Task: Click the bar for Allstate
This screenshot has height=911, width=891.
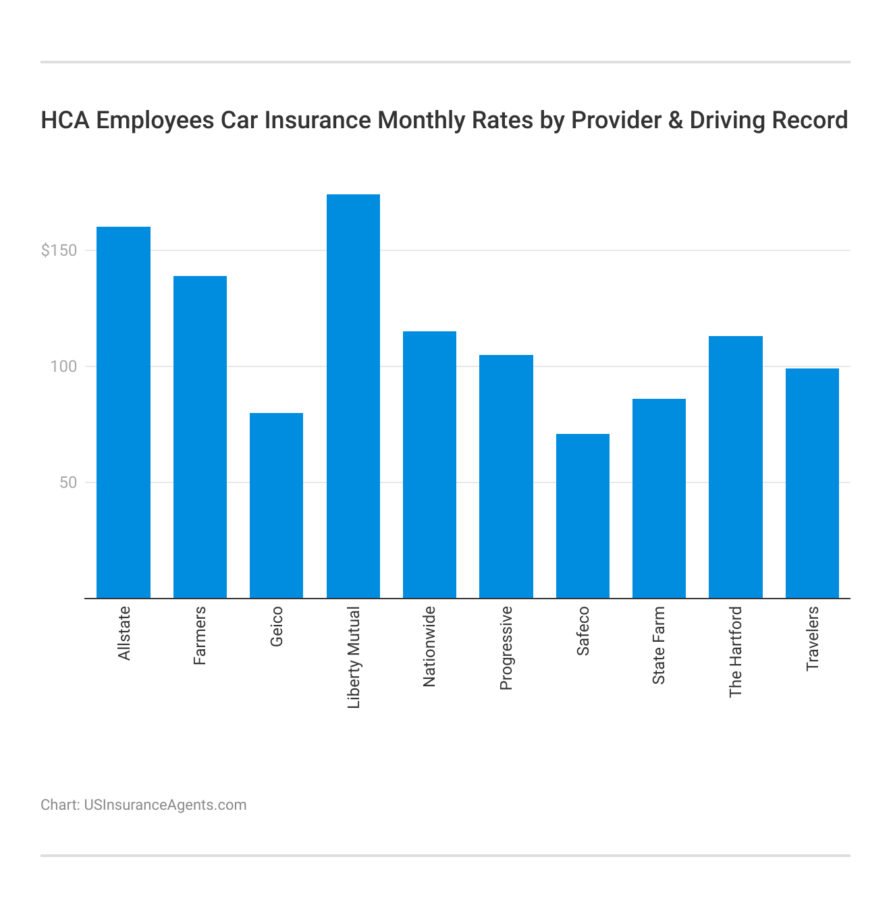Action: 124,412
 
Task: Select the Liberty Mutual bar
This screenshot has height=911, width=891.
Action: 353,396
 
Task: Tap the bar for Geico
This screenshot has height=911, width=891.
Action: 276,505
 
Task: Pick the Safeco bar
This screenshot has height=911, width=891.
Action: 583,516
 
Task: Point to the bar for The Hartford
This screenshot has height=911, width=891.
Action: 735,467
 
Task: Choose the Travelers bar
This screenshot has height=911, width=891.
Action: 812,483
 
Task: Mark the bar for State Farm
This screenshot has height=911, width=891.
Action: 659,499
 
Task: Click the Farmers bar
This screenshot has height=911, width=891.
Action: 200,437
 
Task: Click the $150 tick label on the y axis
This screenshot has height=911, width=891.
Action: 59,251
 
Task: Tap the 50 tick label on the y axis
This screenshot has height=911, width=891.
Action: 68,483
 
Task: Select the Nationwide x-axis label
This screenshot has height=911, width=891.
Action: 429,646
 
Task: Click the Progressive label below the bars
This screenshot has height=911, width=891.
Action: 506,648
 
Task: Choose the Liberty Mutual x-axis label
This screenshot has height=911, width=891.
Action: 354,657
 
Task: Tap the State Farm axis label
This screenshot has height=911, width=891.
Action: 659,645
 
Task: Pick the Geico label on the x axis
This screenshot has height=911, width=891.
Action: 277,626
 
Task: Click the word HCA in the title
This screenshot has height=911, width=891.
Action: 65,120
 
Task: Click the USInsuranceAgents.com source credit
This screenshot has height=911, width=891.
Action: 165,805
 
